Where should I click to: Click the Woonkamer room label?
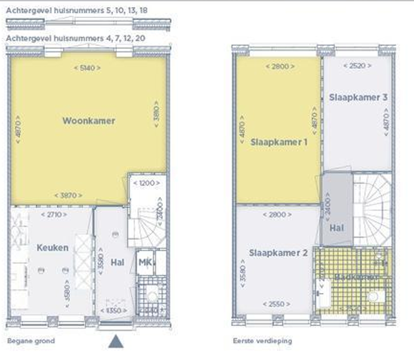coord(88,121)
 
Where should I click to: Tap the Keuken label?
coord(53,248)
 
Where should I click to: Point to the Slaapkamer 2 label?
coord(278,253)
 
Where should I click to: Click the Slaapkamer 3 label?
coord(358,97)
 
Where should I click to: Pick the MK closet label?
coord(145,263)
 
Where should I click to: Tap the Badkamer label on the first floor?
coord(356,277)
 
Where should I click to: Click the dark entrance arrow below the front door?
coord(116,341)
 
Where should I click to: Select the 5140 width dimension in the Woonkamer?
coord(87,68)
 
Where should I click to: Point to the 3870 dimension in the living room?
coord(69,196)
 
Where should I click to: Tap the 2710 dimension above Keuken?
coord(53,213)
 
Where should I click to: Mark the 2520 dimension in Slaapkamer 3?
coord(354,66)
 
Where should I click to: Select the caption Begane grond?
coord(31,341)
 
